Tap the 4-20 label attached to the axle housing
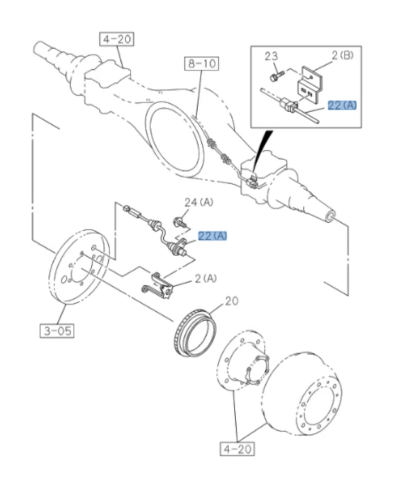[x=117, y=39]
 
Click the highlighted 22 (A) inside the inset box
[x=342, y=106]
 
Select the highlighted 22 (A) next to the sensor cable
[x=212, y=236]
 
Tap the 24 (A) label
[x=199, y=202]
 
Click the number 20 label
[x=231, y=301]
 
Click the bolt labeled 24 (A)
[x=180, y=221]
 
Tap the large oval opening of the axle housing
[x=175, y=137]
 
